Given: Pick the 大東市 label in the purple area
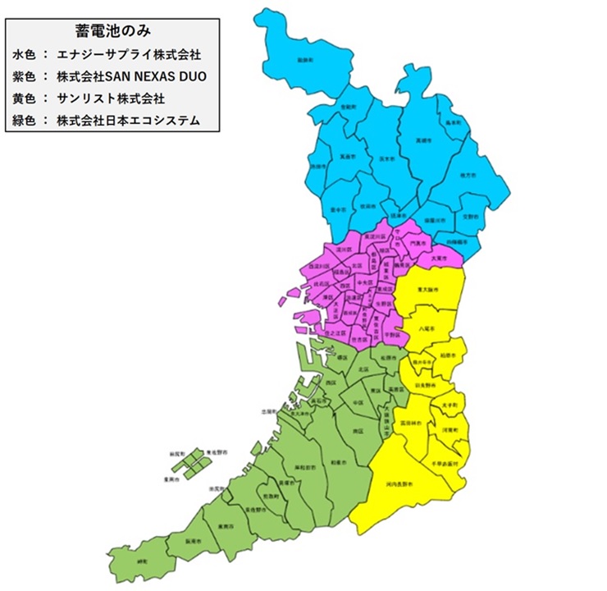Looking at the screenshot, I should [438, 258].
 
